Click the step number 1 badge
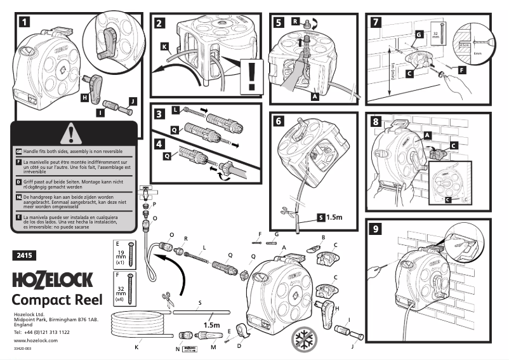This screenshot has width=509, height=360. (x=23, y=23)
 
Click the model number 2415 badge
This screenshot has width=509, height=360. (x=25, y=256)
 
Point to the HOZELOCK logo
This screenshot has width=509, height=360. (x=53, y=280)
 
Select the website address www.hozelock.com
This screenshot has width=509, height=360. (x=36, y=341)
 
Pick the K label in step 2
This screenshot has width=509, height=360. (x=164, y=46)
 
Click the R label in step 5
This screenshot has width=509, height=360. (x=295, y=22)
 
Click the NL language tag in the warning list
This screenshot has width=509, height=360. (x=18, y=197)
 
